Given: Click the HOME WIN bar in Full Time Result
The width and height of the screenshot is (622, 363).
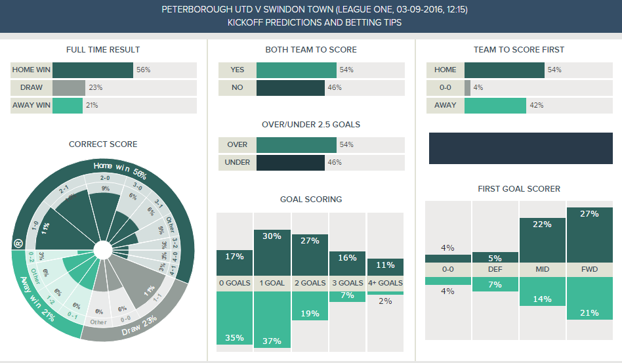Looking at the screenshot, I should (93, 70).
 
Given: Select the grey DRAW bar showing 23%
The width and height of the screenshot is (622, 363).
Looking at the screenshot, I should (69, 87).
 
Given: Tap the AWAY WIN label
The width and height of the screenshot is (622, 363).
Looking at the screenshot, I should (31, 105).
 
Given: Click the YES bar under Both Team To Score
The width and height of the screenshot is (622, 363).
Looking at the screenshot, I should (297, 70).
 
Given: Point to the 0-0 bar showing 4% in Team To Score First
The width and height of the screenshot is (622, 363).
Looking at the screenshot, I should (467, 87).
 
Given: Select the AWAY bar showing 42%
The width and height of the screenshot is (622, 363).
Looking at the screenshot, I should (495, 105).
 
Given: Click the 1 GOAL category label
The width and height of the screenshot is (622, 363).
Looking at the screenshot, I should (272, 283).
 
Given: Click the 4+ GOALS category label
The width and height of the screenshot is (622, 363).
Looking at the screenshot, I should (385, 283).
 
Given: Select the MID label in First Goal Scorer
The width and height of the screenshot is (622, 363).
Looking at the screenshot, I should (542, 270).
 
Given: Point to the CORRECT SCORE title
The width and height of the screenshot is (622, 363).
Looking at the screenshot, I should (103, 144).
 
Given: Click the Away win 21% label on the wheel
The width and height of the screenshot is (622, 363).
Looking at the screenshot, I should (35, 299).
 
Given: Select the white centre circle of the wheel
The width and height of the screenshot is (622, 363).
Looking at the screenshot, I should (103, 250).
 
